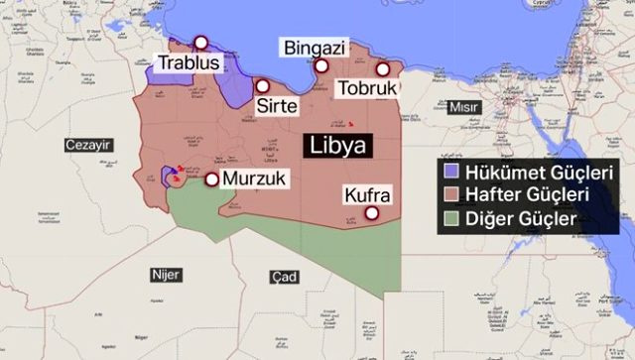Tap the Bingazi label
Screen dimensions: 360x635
point(314,47)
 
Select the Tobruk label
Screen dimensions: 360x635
point(366,89)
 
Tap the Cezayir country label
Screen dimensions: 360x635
point(87,146)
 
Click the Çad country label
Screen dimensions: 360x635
point(284,277)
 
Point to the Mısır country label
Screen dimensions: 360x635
point(463,107)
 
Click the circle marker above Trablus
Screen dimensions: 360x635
point(200,43)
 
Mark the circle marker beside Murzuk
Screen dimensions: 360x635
point(211,180)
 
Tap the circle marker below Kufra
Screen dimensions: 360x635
point(372,212)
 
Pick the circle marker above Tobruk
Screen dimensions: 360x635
point(383,69)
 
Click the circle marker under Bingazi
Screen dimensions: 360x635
point(322,66)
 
